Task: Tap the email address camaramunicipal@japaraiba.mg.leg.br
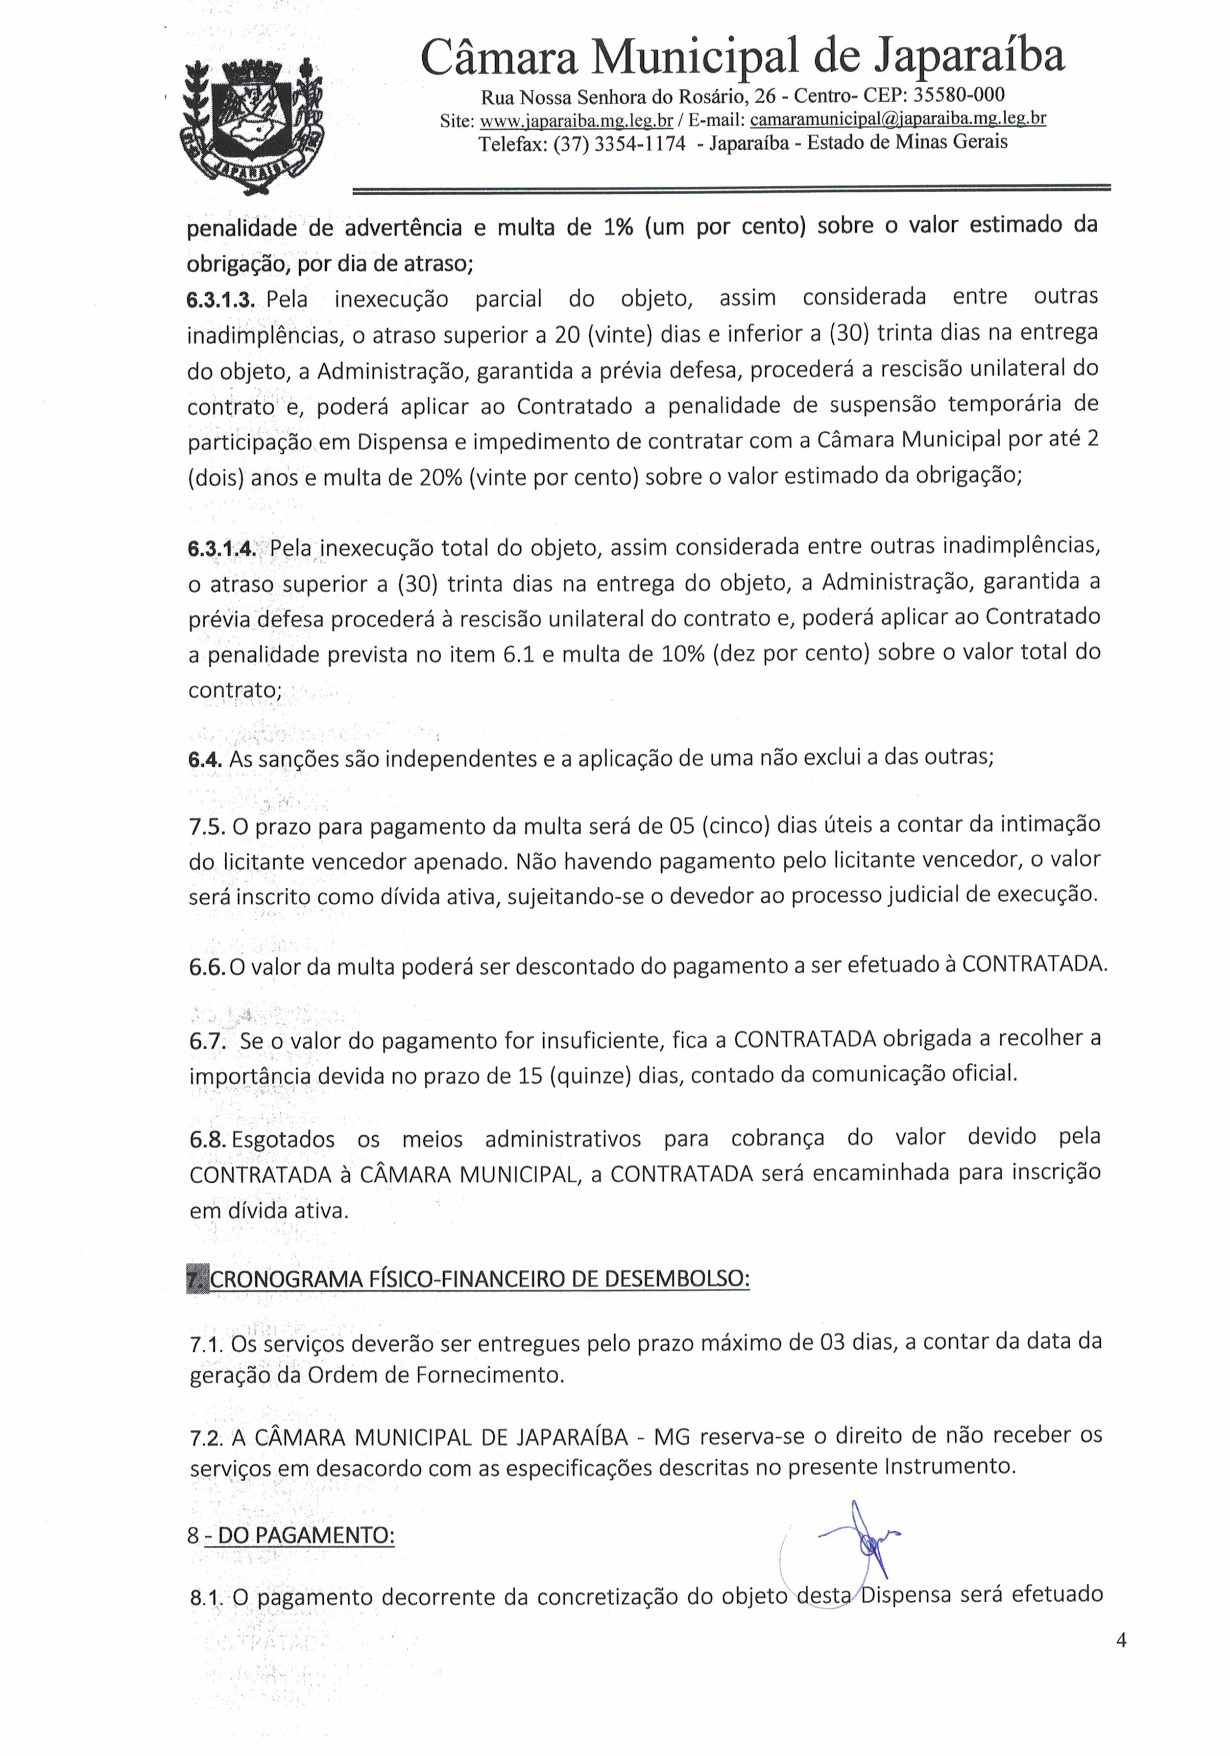(x=898, y=119)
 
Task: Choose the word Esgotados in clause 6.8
(x=283, y=1139)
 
